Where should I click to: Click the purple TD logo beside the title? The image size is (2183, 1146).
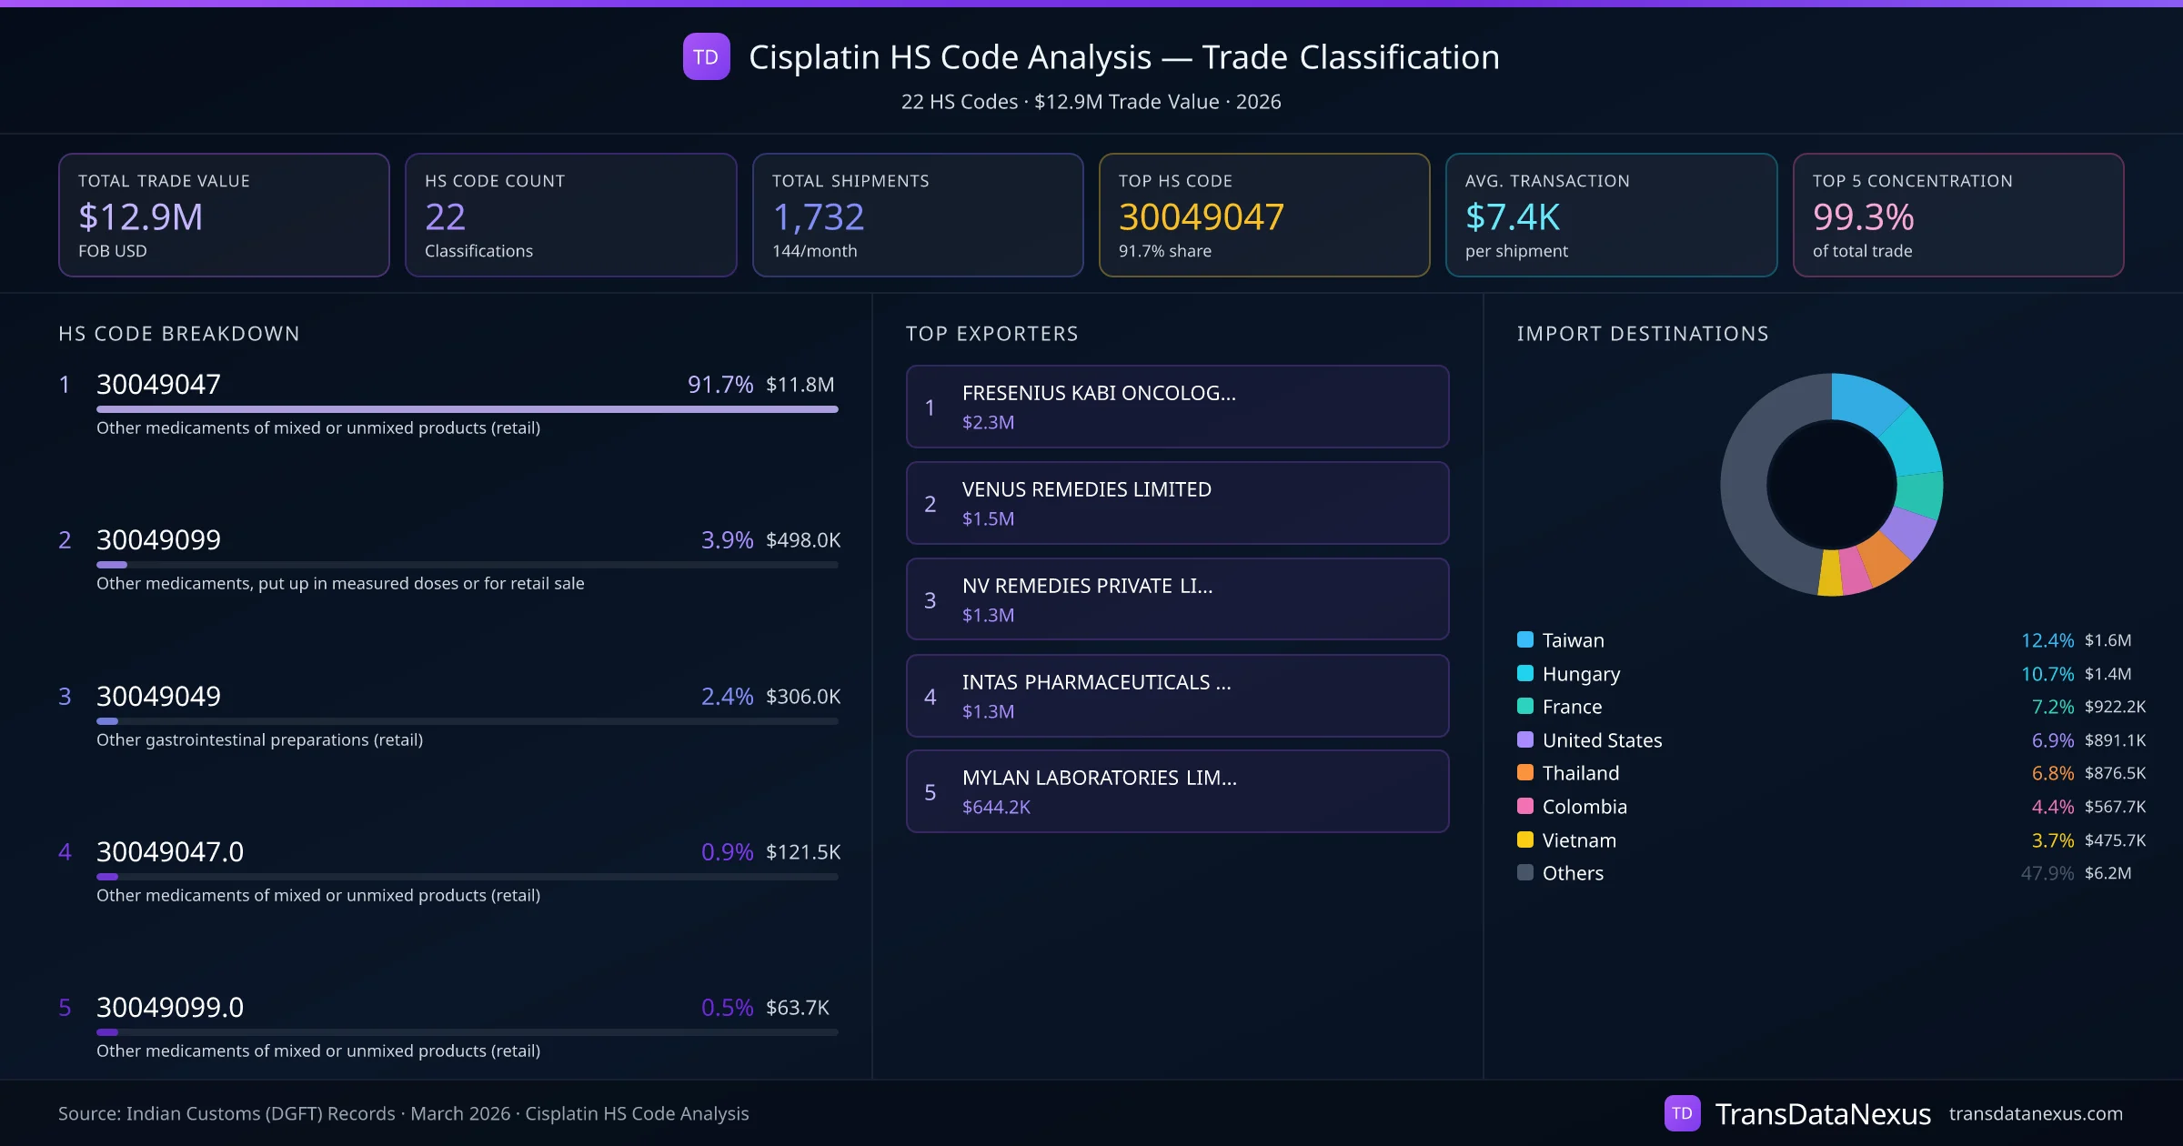(706, 57)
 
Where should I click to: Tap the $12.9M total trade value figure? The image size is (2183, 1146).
(140, 217)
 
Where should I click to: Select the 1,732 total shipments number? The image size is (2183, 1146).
(818, 217)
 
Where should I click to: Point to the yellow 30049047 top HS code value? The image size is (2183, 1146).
(1201, 217)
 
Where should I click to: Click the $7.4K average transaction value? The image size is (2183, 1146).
(1512, 217)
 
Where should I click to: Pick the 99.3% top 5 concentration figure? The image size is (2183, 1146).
(1863, 217)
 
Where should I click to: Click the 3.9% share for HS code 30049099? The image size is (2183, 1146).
(727, 540)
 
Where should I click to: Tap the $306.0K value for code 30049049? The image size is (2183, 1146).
(802, 697)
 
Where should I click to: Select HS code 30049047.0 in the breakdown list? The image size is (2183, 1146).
(170, 852)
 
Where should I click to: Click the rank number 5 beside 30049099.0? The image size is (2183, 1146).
(65, 1008)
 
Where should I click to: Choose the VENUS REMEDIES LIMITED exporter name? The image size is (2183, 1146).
(1086, 489)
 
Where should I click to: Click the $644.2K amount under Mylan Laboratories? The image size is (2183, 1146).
(996, 808)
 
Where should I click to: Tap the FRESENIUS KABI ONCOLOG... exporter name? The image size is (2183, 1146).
(1099, 393)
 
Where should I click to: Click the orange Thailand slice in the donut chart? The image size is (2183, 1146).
(1884, 558)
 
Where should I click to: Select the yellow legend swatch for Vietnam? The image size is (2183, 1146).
(1525, 839)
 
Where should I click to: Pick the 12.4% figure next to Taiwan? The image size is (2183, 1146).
(2047, 640)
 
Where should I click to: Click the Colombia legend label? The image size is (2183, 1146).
(1584, 807)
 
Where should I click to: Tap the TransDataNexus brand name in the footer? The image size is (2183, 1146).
(1822, 1114)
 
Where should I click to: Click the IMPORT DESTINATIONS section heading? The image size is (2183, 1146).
(1643, 334)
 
